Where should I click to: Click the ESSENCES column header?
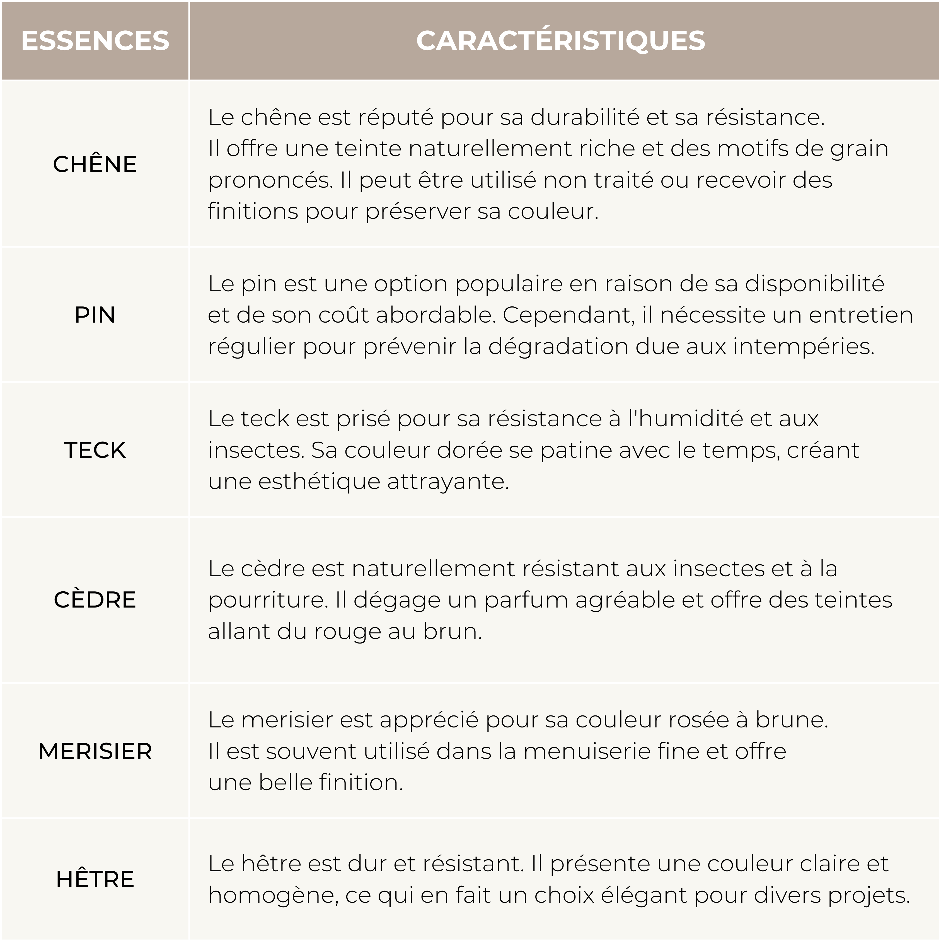pos(95,40)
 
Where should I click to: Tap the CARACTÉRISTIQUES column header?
pos(560,40)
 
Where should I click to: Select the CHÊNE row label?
pos(95,164)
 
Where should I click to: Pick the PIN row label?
pos(95,315)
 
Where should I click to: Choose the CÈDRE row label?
pos(95,599)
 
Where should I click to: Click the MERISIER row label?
pos(95,751)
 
